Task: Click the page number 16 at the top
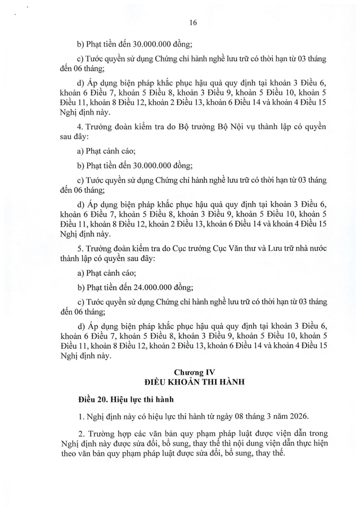(x=193, y=23)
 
